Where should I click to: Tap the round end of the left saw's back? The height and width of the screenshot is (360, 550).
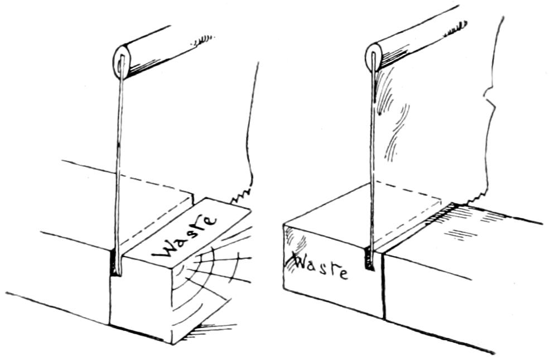122,60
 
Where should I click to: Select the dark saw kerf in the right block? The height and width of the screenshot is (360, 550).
369,260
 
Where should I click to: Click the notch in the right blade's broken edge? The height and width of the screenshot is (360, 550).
489,103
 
